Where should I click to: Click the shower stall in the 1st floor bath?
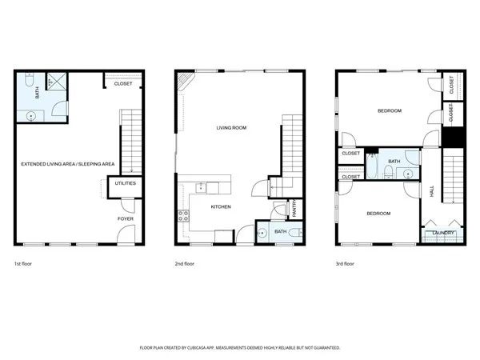[x=56, y=80]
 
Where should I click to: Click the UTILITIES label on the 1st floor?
[x=126, y=183]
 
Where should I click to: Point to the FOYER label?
[x=126, y=218]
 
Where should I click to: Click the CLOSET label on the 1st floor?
[x=123, y=83]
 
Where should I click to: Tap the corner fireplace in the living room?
[x=185, y=81]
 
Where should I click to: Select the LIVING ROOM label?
[x=230, y=127]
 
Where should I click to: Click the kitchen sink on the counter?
[x=202, y=188]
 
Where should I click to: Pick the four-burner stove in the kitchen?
[x=183, y=214]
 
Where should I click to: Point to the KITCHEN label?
[x=221, y=206]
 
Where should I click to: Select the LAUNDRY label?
[x=443, y=233]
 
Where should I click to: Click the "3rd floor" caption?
[x=344, y=263]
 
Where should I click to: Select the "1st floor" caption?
[x=24, y=263]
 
